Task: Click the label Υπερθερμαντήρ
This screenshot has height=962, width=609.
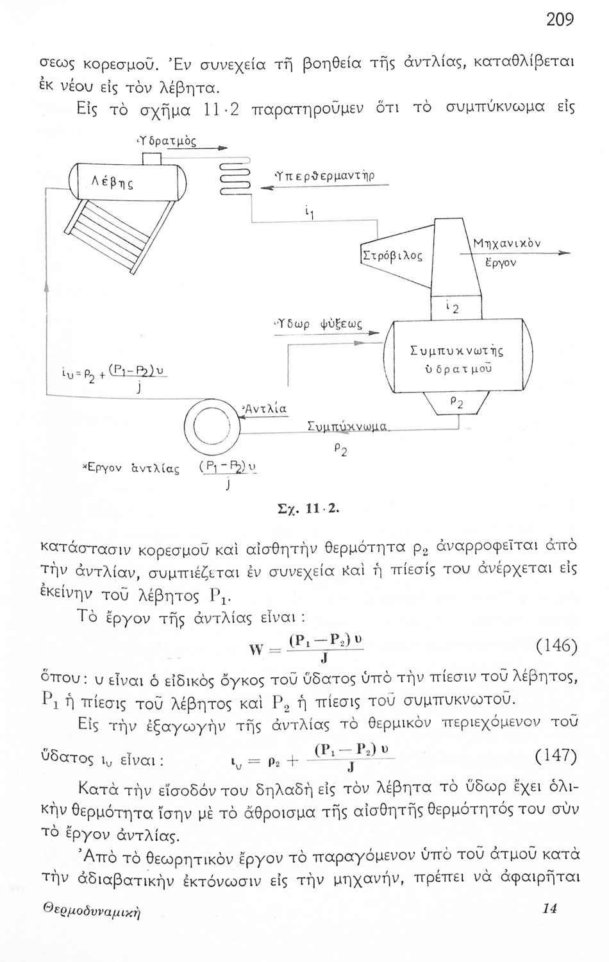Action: click(x=325, y=176)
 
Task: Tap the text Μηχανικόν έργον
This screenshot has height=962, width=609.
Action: click(x=507, y=253)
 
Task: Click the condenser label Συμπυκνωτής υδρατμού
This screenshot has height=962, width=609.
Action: click(x=456, y=360)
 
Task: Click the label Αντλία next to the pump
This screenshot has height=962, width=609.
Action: click(x=265, y=409)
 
